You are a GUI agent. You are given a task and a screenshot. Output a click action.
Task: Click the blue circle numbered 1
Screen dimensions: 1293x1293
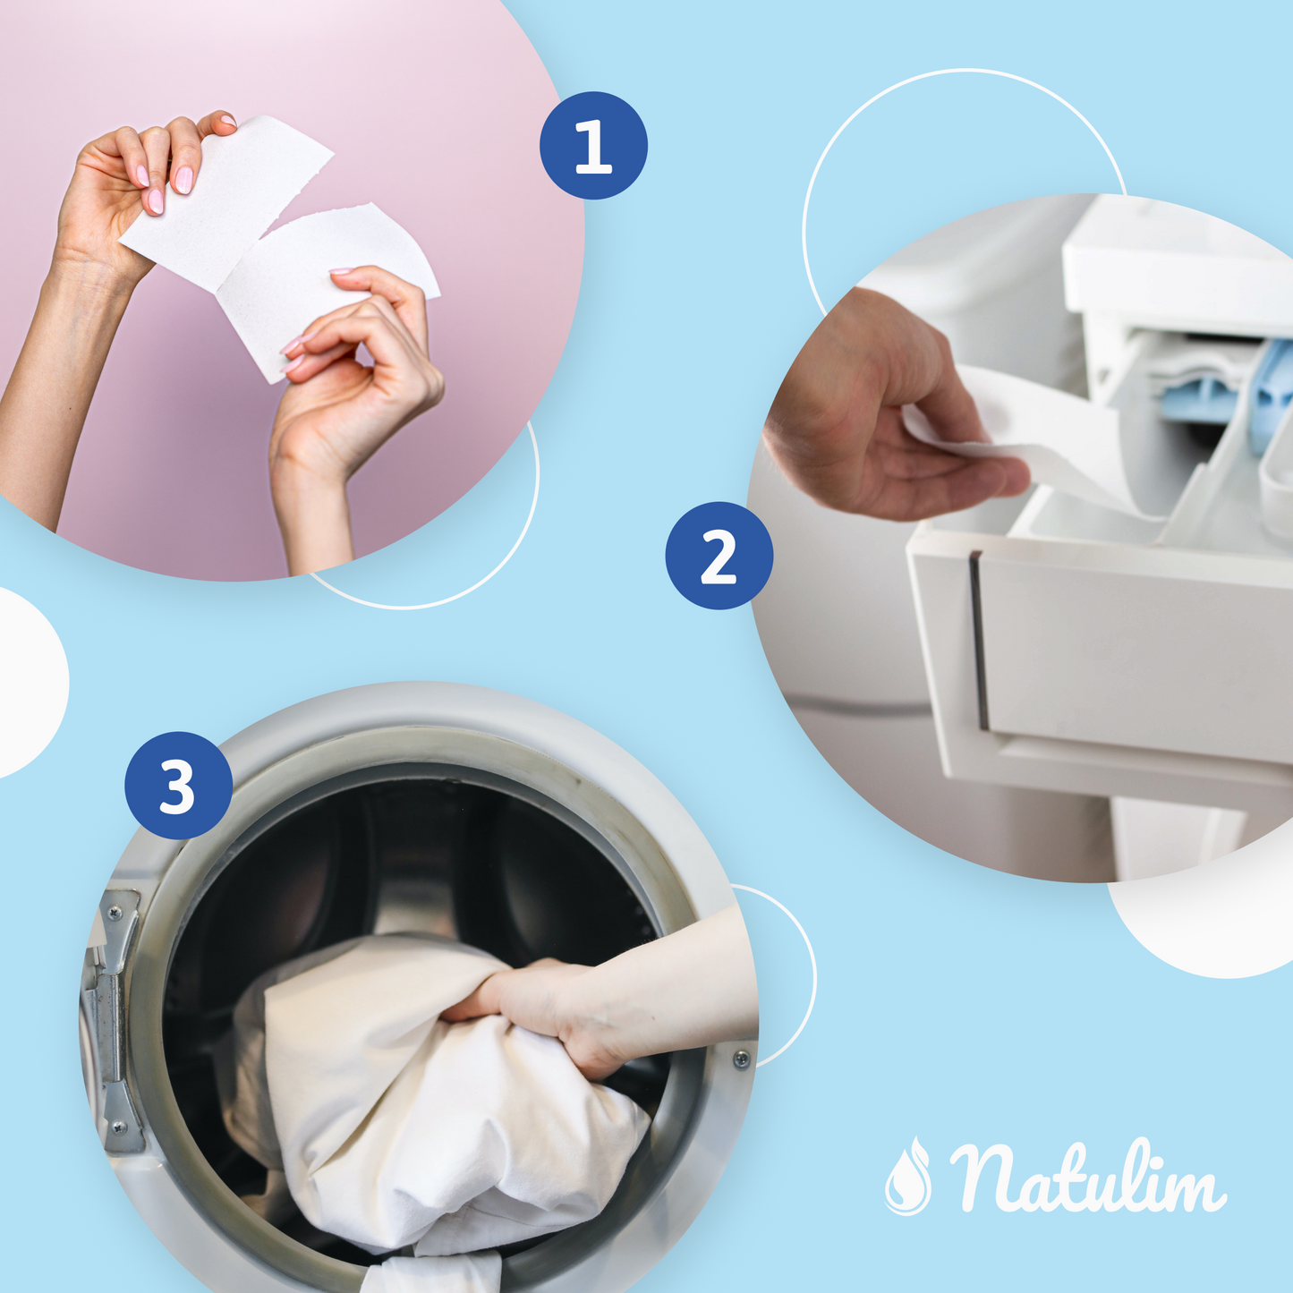click(593, 145)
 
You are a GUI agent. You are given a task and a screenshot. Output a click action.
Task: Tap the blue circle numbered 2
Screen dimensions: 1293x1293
click(719, 556)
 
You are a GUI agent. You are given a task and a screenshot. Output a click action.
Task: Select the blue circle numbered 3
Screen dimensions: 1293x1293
click(178, 786)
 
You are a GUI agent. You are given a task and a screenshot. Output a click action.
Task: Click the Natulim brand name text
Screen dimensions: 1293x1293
click(1087, 1178)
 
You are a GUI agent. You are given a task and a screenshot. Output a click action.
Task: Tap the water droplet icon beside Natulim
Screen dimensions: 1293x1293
click(907, 1177)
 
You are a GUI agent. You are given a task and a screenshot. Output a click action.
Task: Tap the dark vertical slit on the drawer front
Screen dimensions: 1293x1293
click(980, 640)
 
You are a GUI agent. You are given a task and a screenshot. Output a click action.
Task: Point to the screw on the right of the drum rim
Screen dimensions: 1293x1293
click(741, 1059)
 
